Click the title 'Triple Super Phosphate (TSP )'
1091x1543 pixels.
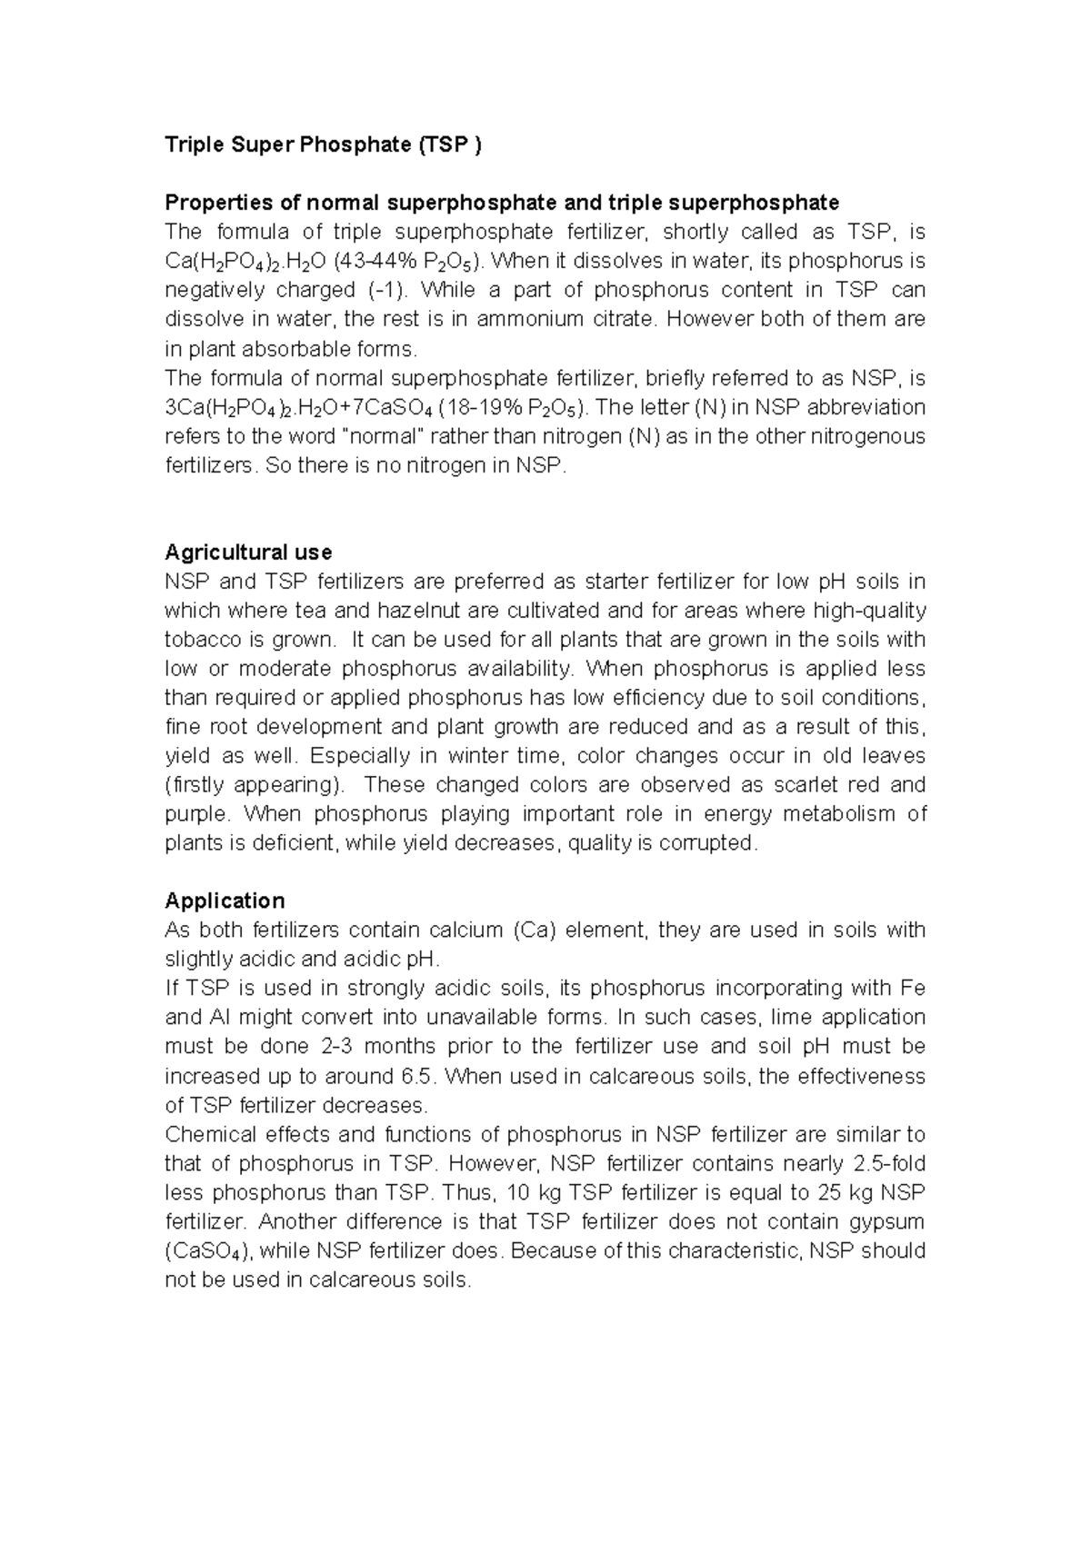pos(323,144)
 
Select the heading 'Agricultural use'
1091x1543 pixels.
pos(247,552)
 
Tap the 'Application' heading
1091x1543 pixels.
pos(225,901)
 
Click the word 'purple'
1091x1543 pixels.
pos(192,814)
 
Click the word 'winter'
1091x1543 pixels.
pos(478,756)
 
